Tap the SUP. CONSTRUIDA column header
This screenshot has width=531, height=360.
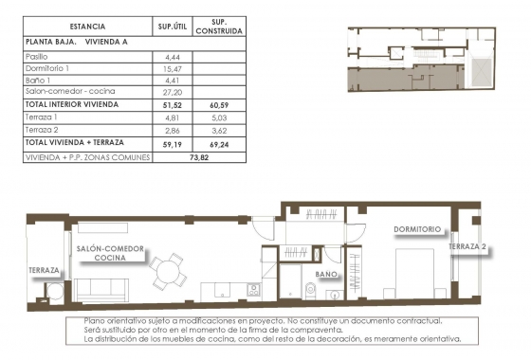coord(219,27)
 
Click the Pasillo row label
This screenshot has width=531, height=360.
coord(38,58)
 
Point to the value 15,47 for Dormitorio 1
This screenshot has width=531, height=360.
coord(172,69)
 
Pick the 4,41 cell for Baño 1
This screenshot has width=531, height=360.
coord(172,81)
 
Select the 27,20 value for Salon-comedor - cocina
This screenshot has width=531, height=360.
coord(172,92)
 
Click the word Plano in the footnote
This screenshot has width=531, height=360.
coord(98,321)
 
